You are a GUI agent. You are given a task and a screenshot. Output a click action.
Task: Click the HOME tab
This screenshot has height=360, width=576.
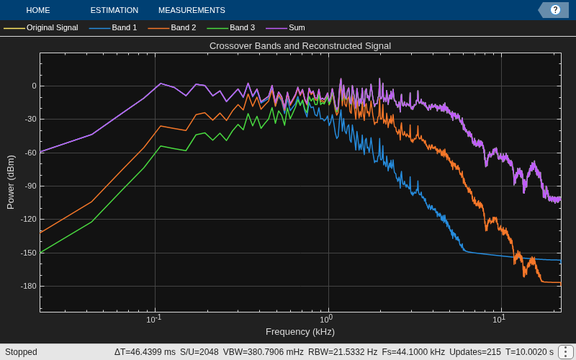[x=38, y=10]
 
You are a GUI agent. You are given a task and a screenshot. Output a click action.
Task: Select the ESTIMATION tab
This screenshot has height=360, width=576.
[x=114, y=10]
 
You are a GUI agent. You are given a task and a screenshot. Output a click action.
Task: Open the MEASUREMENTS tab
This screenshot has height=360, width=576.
[x=192, y=10]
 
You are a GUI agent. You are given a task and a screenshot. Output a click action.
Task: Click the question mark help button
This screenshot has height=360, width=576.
[x=555, y=10]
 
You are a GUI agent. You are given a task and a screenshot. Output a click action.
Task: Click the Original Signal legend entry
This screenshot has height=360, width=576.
[x=41, y=27]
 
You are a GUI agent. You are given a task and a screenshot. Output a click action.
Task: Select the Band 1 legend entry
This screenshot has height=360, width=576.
[x=113, y=27]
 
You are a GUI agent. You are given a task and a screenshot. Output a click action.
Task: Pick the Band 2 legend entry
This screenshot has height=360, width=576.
[x=172, y=27]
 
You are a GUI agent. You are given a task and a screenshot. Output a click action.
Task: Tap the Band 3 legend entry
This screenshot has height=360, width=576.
[x=230, y=27]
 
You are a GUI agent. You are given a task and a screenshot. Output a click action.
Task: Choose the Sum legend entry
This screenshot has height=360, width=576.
[x=285, y=27]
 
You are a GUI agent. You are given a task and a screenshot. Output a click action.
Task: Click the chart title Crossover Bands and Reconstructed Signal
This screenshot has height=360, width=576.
[x=300, y=46]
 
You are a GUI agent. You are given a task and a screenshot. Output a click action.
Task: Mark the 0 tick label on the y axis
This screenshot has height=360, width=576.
[x=34, y=86]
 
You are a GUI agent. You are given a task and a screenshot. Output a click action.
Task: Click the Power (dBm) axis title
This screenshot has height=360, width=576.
[x=11, y=182]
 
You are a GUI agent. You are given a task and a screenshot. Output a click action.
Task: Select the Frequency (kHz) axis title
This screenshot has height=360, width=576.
[x=300, y=332]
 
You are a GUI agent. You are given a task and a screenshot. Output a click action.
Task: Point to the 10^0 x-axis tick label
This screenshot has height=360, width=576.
[x=327, y=319]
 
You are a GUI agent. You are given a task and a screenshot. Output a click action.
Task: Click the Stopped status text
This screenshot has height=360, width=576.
[x=21, y=352]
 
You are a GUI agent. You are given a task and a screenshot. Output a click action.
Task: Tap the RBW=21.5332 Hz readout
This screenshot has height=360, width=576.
[x=343, y=352]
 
